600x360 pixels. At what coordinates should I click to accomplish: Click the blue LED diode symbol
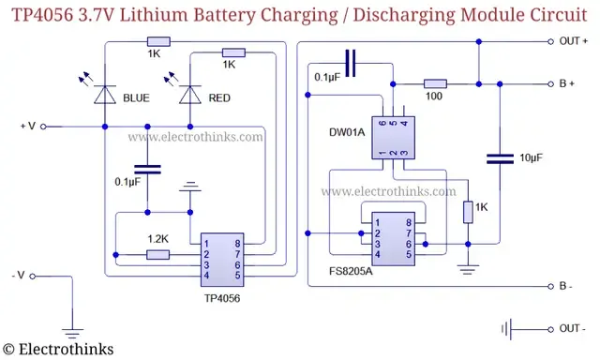coord(105,95)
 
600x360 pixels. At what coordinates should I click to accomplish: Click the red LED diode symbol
coord(190,95)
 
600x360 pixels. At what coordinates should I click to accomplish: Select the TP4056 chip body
coord(222,260)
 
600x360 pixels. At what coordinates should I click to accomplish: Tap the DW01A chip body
coord(394,138)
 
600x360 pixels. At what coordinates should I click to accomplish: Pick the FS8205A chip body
coord(394,239)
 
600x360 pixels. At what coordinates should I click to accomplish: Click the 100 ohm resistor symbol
coord(435,83)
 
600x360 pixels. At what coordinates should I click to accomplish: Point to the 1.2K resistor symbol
coord(158,254)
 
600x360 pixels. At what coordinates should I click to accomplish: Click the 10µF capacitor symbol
coord(500,158)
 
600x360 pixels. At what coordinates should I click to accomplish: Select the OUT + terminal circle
coord(550,41)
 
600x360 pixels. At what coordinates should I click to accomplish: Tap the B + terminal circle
coord(550,83)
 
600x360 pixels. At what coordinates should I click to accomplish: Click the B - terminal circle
coord(550,286)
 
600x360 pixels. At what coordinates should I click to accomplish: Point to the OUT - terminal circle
coord(550,329)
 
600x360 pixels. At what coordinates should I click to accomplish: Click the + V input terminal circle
coord(43,127)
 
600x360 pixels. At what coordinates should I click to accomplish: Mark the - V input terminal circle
coord(33,277)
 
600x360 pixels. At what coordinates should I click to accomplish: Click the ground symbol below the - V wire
coord(72,333)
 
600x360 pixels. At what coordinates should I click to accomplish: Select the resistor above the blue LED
coord(158,41)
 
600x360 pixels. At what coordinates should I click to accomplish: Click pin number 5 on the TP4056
coord(237,276)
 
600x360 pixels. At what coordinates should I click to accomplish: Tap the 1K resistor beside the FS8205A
coord(468,212)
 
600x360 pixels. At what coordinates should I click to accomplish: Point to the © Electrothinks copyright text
coord(58,349)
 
